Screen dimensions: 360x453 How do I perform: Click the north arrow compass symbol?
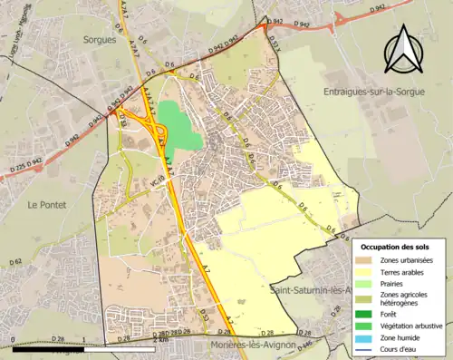(x=403, y=49)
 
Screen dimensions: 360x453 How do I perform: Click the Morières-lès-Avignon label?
(x=248, y=345)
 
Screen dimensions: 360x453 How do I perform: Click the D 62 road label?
(x=15, y=262)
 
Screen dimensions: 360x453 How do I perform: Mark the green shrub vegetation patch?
(x=180, y=126)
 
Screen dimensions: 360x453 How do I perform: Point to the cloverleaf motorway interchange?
(x=140, y=123)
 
